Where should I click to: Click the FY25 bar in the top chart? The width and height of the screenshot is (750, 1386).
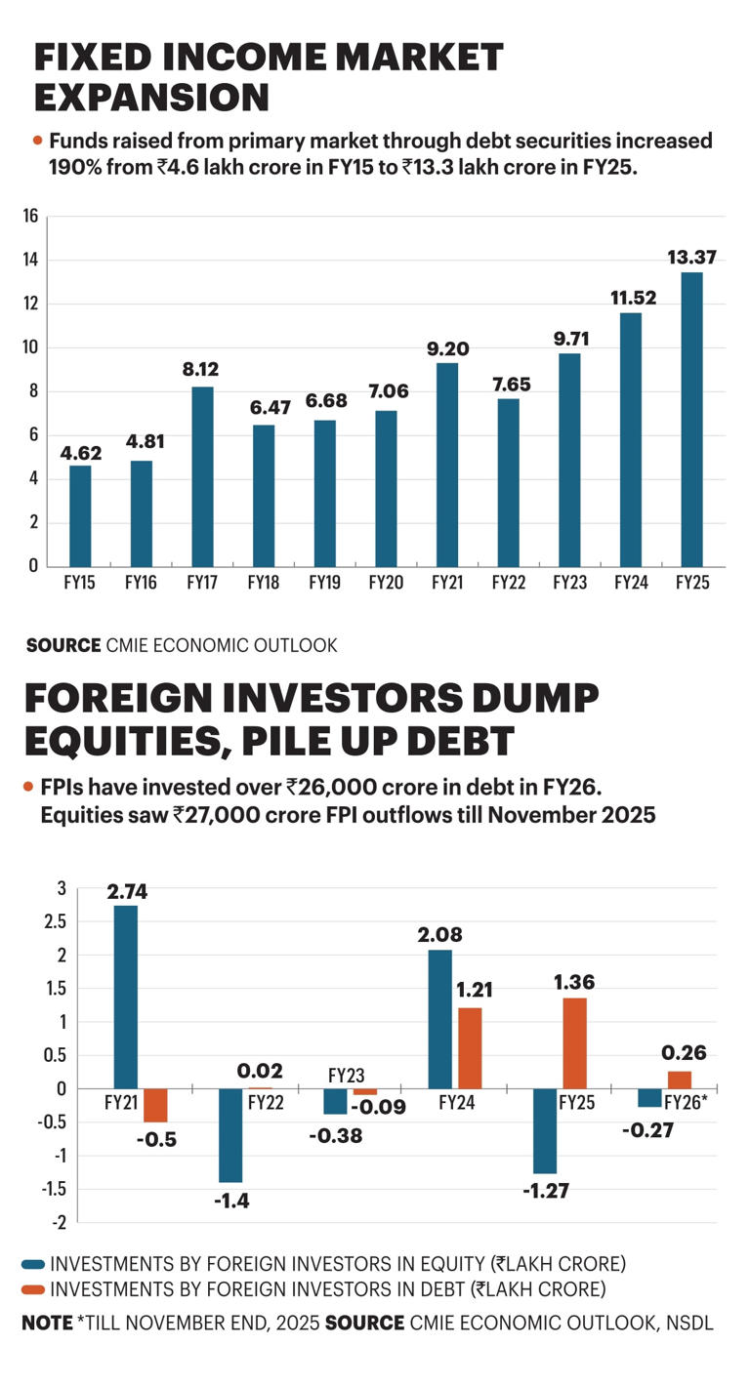[690, 419]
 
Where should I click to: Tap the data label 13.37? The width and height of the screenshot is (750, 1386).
[690, 257]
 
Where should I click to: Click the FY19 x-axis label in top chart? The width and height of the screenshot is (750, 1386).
[323, 584]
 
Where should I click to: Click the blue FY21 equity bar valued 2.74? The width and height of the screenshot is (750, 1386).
[126, 997]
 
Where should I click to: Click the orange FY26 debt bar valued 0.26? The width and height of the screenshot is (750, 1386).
[680, 1080]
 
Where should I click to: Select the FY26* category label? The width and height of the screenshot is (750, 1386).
[686, 1101]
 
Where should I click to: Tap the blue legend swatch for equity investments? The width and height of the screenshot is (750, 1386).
[33, 1264]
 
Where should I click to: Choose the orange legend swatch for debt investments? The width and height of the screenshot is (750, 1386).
[33, 1289]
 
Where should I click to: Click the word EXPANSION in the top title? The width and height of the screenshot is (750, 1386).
[151, 98]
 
